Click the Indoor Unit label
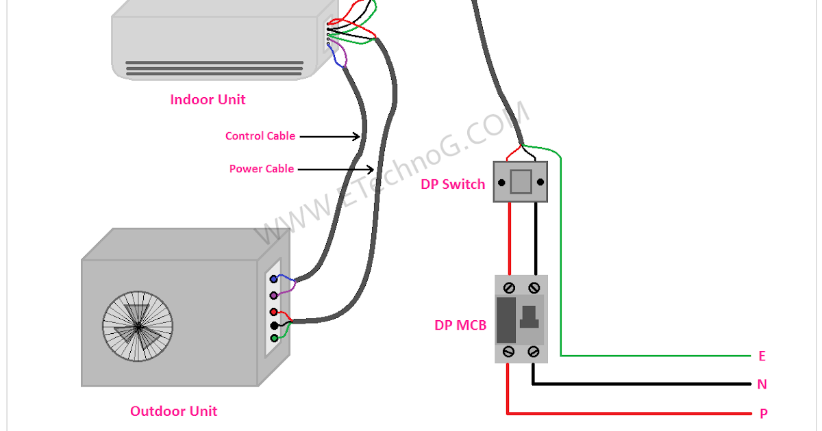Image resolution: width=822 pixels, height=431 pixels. [208, 100]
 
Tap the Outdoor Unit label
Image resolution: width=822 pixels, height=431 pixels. [173, 411]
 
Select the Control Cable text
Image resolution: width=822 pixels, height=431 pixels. [260, 136]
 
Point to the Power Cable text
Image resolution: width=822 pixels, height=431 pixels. [262, 169]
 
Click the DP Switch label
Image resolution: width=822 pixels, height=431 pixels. [453, 184]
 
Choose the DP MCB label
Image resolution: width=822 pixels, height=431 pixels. [460, 326]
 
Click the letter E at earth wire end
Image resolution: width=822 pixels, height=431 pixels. [762, 356]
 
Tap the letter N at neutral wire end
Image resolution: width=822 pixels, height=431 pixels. [762, 384]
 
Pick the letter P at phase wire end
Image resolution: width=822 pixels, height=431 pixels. [763, 414]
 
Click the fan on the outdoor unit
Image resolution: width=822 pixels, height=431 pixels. [138, 327]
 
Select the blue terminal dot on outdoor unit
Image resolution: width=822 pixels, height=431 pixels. [274, 279]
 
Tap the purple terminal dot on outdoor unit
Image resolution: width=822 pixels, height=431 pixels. [274, 295]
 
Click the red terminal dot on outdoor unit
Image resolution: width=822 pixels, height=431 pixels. [274, 312]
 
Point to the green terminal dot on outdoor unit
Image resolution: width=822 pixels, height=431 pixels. [274, 338]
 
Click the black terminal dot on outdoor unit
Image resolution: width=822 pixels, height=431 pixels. [274, 325]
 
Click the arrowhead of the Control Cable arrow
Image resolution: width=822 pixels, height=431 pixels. [357, 137]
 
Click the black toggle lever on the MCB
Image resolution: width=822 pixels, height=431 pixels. [528, 317]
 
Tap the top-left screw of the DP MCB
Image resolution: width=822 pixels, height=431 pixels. [509, 287]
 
